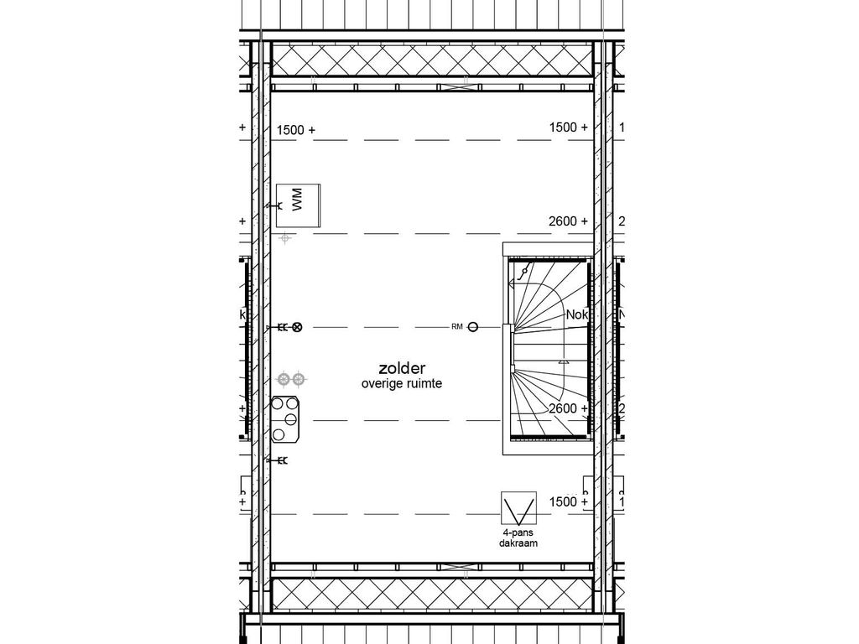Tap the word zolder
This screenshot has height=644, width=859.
[x=401, y=368]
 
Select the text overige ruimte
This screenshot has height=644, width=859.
[x=401, y=383]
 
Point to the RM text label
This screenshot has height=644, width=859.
[x=456, y=326]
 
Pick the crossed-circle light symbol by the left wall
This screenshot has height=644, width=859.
[x=296, y=327]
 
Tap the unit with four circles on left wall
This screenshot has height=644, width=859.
[x=286, y=419]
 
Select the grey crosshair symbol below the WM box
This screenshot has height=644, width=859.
[x=286, y=239]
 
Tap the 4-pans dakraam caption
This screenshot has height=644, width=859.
[x=518, y=538]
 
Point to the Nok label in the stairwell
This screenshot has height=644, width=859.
[x=577, y=314]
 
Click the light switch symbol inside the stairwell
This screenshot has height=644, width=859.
[x=525, y=271]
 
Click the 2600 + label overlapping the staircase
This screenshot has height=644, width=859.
[x=568, y=408]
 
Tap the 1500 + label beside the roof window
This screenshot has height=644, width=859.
[x=568, y=501]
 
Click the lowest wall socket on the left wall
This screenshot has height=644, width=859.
[x=275, y=460]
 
